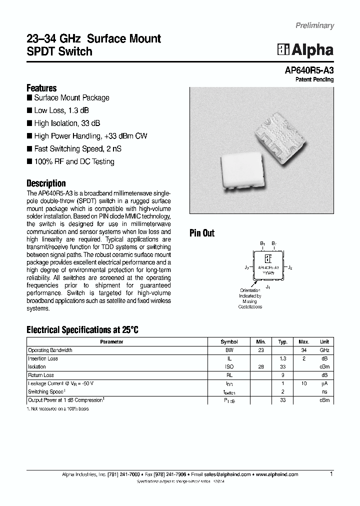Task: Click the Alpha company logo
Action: [305, 49]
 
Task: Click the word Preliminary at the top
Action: [314, 25]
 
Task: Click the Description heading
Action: [46, 183]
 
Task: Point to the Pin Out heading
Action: [202, 233]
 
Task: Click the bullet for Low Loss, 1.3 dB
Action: [29, 110]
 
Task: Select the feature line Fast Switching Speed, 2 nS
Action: [77, 148]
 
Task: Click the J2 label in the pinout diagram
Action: [290, 268]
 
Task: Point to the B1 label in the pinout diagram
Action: [262, 243]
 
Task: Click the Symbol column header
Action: [229, 342]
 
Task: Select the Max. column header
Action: [304, 342]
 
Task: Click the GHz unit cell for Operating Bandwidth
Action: [325, 350]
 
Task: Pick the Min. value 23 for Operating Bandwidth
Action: [260, 350]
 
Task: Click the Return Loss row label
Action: [41, 375]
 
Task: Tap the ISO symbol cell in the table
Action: [229, 367]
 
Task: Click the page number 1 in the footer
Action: [331, 473]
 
